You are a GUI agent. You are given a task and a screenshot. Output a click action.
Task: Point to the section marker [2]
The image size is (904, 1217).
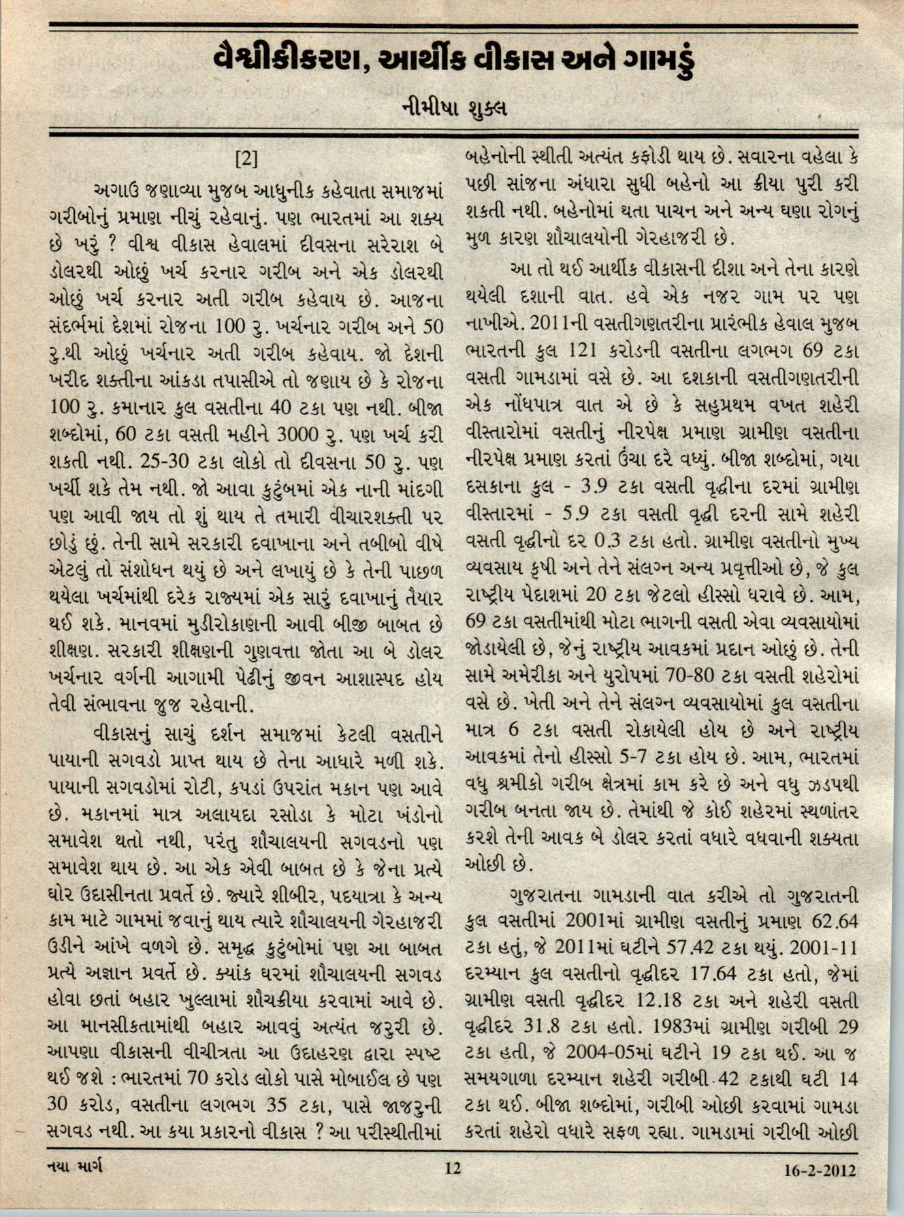tap(246, 159)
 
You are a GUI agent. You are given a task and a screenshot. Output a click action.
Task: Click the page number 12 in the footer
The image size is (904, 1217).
tap(453, 1169)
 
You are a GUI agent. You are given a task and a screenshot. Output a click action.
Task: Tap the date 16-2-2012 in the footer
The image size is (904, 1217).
tap(820, 1171)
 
